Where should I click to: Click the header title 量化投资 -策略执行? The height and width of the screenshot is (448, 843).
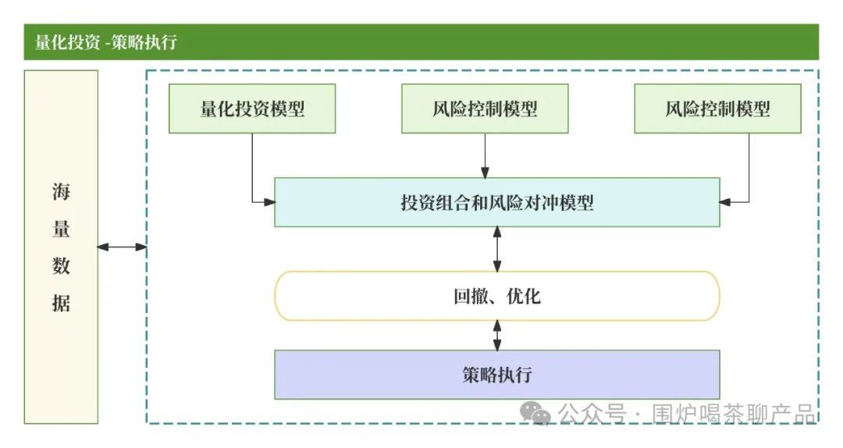pos(105,42)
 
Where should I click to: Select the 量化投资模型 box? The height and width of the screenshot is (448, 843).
pos(252,108)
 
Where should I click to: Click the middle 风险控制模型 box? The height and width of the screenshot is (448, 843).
pos(485,108)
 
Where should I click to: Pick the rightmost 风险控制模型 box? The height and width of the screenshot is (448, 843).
pos(717,108)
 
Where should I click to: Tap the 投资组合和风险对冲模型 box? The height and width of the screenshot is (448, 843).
pos(496,203)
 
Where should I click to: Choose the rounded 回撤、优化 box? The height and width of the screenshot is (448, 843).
pos(496,296)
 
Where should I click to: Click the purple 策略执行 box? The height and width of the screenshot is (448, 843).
pos(496,375)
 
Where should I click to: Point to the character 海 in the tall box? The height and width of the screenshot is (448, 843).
pos(61,192)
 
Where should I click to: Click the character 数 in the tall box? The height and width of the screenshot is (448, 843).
pos(61,266)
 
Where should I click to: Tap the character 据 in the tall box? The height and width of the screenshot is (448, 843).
pos(61,303)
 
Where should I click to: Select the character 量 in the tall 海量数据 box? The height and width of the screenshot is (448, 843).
pos(61,229)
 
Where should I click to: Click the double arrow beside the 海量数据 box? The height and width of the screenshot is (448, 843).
pos(122,247)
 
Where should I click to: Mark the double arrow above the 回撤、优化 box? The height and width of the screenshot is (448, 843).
pos(497,249)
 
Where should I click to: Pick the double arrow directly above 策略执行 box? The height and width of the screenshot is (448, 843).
pos(497,335)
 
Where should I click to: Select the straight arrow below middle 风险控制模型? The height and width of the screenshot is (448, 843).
pos(485,155)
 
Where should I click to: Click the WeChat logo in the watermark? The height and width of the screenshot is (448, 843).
pos(537,412)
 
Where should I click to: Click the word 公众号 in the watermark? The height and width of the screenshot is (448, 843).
pos(592,413)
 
